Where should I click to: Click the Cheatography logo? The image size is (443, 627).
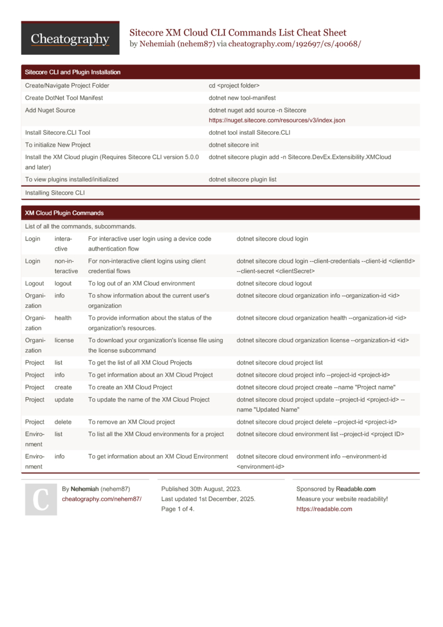coord(70,39)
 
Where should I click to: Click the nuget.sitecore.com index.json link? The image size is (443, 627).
coord(276,120)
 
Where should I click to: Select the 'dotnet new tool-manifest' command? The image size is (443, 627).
coord(242,98)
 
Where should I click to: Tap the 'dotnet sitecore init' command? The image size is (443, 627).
coord(233,145)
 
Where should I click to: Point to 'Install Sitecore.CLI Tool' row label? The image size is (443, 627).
coord(57,132)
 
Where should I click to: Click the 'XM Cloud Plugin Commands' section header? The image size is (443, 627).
coord(64,213)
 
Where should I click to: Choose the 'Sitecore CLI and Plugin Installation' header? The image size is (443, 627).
coord(72,72)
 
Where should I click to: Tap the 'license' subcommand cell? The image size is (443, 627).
coord(64,340)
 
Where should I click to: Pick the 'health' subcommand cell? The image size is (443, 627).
coord(63,317)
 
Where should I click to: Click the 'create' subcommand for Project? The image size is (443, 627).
coord(63,387)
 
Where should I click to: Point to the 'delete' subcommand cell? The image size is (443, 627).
coord(63,422)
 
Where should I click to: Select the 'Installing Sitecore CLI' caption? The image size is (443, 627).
coord(54,193)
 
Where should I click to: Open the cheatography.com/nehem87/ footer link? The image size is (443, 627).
coord(102,499)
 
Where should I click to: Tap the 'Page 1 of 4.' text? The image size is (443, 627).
coord(178,509)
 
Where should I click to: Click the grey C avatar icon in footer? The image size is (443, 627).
coord(41,499)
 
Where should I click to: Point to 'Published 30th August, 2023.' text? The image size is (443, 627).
coord(201,489)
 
